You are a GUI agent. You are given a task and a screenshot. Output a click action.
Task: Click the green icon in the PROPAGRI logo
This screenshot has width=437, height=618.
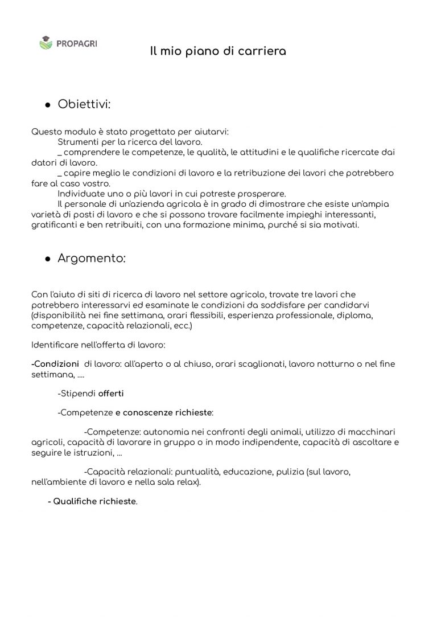[45, 42]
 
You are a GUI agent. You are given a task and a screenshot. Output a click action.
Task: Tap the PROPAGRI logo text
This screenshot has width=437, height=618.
[76, 42]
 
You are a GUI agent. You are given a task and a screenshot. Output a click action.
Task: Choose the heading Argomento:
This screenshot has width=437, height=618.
[92, 258]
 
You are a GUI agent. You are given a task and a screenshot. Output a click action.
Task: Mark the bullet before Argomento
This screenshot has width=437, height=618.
[48, 259]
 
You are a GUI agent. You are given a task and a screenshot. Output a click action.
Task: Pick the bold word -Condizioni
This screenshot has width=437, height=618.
[56, 363]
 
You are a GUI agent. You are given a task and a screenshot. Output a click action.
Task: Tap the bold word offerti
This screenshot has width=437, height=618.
[111, 393]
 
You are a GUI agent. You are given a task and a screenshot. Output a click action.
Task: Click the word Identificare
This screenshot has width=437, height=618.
[56, 345]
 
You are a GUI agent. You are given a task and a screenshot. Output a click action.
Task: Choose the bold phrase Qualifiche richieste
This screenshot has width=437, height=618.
[94, 502]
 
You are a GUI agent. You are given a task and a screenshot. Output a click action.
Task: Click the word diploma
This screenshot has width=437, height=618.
[356, 314]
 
